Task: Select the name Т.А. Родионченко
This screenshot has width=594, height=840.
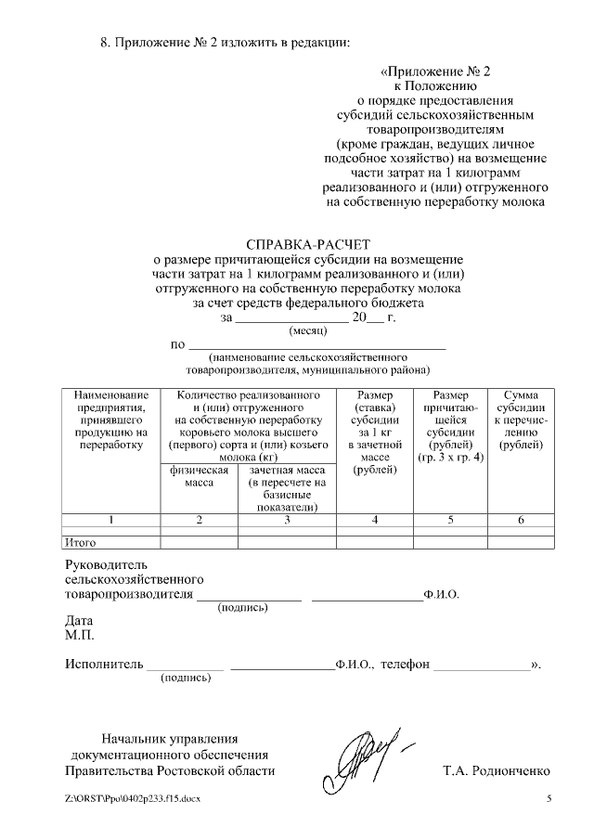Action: tap(497, 771)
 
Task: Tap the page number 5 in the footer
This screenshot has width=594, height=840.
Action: tap(549, 799)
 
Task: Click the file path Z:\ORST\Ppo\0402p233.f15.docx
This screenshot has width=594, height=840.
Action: tap(133, 799)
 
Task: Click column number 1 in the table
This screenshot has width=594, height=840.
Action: tap(110, 519)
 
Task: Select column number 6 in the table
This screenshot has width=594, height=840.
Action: tap(521, 519)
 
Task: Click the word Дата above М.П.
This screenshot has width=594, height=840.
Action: tap(79, 621)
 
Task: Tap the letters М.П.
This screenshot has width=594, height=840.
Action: tap(79, 636)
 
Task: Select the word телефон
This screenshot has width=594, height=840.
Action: tap(407, 665)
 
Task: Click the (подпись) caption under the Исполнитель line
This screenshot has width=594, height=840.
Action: tap(187, 679)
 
